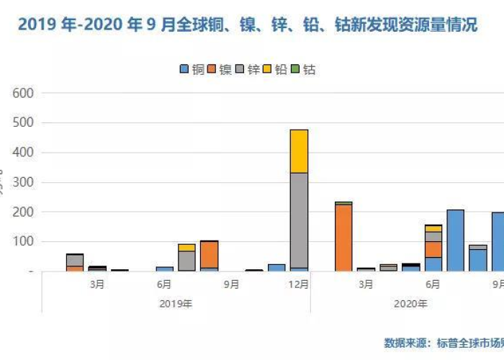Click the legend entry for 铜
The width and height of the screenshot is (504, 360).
[192, 70]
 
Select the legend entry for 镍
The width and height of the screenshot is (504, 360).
[220, 70]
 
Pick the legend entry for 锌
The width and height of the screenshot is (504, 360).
[248, 70]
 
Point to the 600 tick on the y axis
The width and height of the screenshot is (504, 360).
[24, 93]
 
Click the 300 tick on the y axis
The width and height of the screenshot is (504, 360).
[24, 182]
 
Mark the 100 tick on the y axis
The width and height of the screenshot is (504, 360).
[24, 242]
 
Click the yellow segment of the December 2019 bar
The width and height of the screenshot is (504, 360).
[299, 150]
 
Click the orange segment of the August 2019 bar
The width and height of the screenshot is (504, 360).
[209, 254]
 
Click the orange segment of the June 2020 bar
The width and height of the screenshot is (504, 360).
[433, 249]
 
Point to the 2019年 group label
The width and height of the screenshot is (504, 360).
[176, 304]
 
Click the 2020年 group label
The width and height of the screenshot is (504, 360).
[410, 304]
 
